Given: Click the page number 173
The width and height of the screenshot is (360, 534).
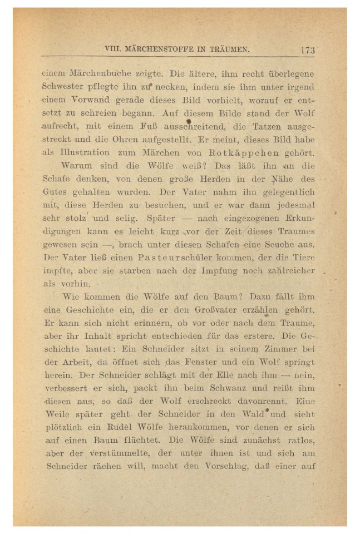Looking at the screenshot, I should [307, 50].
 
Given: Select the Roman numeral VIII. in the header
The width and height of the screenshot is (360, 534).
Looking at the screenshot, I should [113, 49].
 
